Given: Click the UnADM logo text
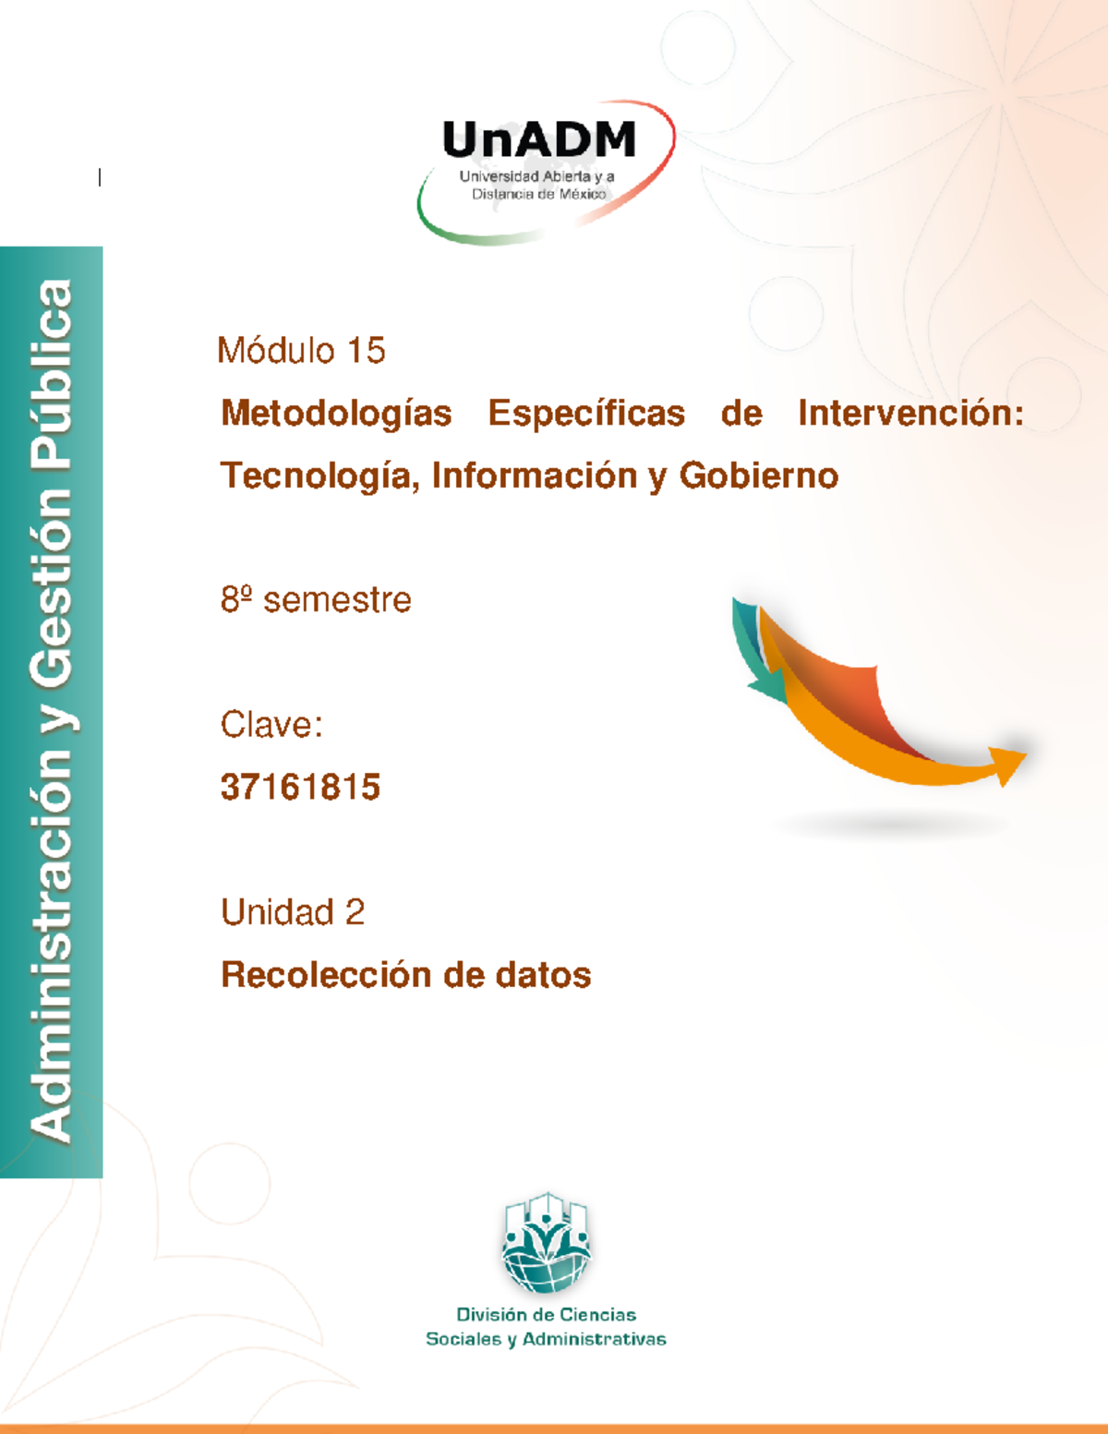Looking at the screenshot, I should point(539,141).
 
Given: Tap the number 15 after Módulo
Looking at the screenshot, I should point(366,351).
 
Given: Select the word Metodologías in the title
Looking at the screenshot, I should point(336,414).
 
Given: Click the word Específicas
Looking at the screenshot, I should point(586,414).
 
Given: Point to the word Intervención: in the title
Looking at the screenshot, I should point(910,414).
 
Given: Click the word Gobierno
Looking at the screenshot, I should point(758,476).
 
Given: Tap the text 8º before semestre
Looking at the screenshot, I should point(236,600).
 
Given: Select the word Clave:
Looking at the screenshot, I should point(271,725).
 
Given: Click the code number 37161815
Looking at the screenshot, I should point(300,788).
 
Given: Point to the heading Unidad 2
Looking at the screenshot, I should point(293,912).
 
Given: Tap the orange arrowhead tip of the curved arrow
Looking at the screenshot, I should point(1009,764).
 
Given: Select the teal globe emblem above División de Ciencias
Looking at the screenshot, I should point(546,1243).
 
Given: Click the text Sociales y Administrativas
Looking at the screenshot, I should point(546,1339).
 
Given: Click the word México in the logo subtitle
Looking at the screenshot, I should point(583,194).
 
